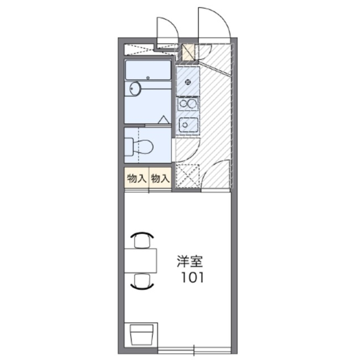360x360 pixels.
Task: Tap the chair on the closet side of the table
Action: [142, 240]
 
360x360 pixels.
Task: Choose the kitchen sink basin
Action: [188, 125]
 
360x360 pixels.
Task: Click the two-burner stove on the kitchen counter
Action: [188, 104]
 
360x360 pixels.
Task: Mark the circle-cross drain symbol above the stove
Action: [187, 82]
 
